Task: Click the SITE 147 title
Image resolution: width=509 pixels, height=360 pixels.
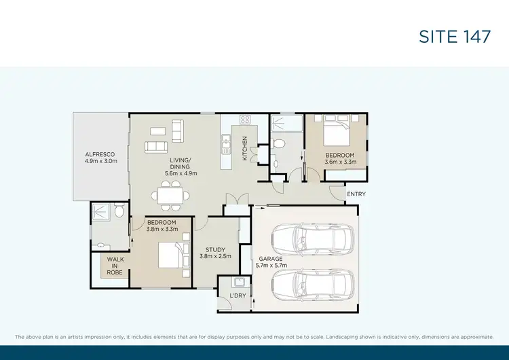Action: (x=455, y=37)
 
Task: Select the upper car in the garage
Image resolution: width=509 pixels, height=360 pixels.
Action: (x=312, y=238)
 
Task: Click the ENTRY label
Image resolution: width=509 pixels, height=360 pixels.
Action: (x=356, y=194)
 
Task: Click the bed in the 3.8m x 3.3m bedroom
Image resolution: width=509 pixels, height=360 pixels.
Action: (x=169, y=257)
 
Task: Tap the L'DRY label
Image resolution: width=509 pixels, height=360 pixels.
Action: (x=238, y=296)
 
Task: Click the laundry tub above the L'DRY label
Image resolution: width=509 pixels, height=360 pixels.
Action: (x=238, y=282)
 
